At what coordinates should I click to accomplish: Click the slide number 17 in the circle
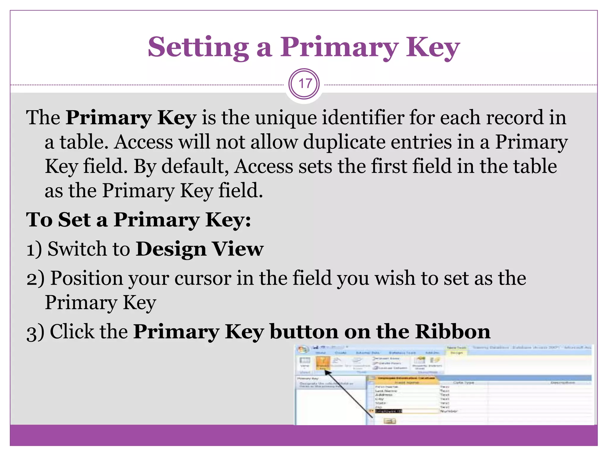coord(304,84)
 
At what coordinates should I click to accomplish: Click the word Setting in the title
coord(198,47)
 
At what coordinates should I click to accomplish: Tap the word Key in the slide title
coord(433,47)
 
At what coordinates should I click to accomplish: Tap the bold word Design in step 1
coord(171,249)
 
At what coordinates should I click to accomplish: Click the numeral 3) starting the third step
coord(35,332)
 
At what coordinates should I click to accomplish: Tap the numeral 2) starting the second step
coord(35,279)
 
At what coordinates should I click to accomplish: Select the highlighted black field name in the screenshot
coord(388,411)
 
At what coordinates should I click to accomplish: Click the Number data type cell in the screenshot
coord(449,411)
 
